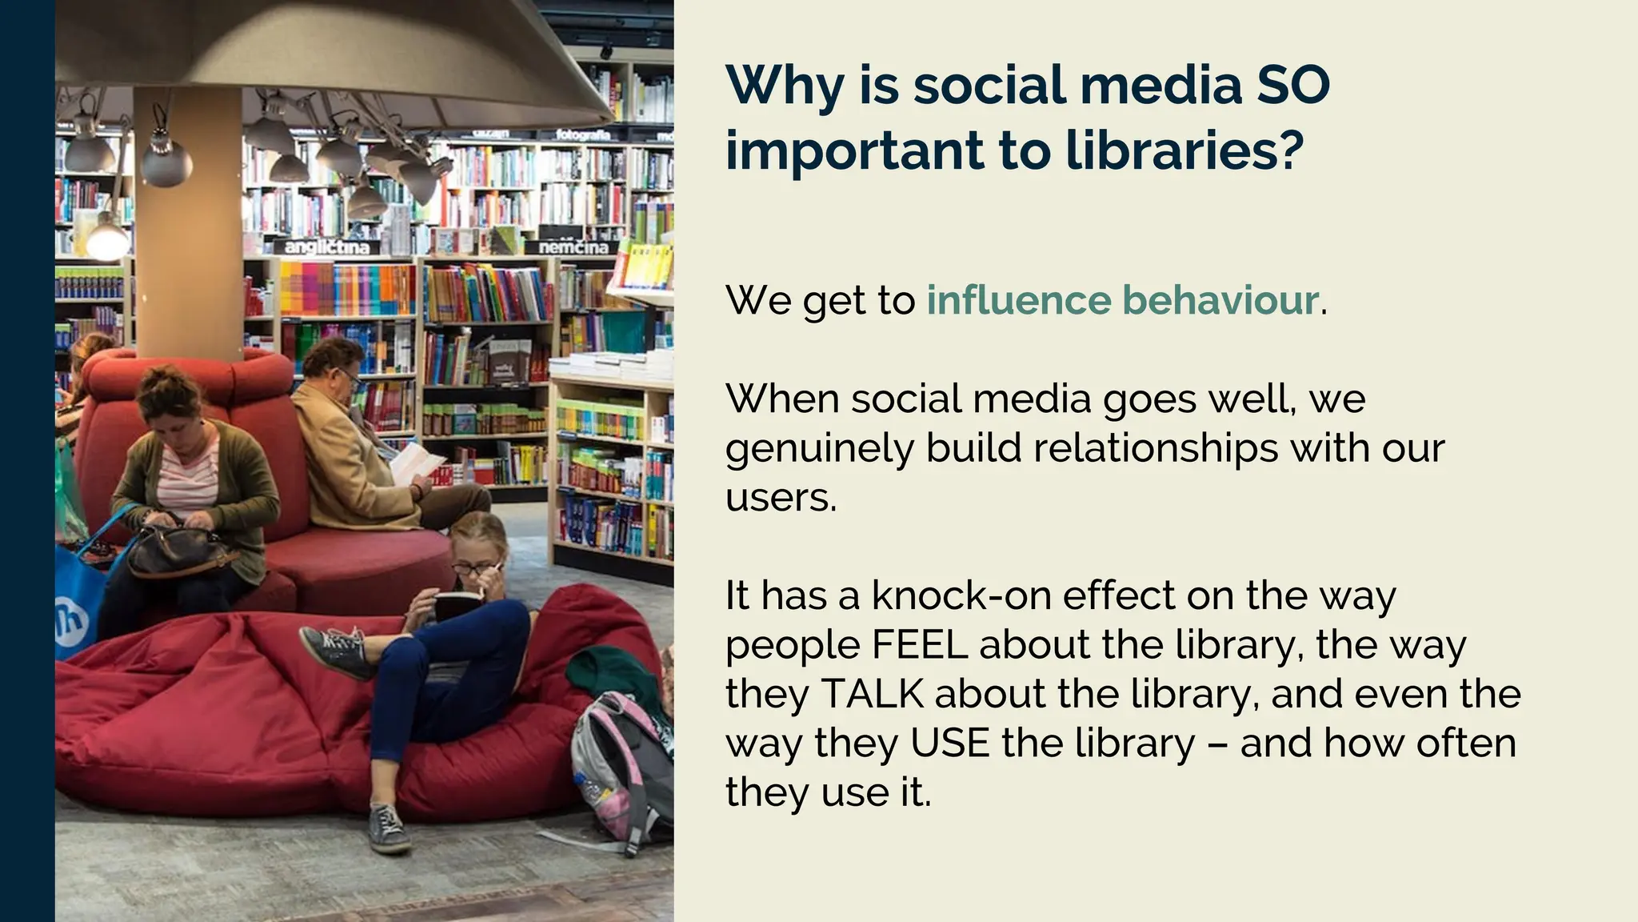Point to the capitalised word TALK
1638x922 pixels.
pyautogui.click(x=872, y=694)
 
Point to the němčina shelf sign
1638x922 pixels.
pyautogui.click(x=573, y=247)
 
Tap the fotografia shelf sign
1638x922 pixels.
pyautogui.click(x=583, y=134)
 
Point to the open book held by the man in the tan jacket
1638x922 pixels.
pyautogui.click(x=417, y=463)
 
